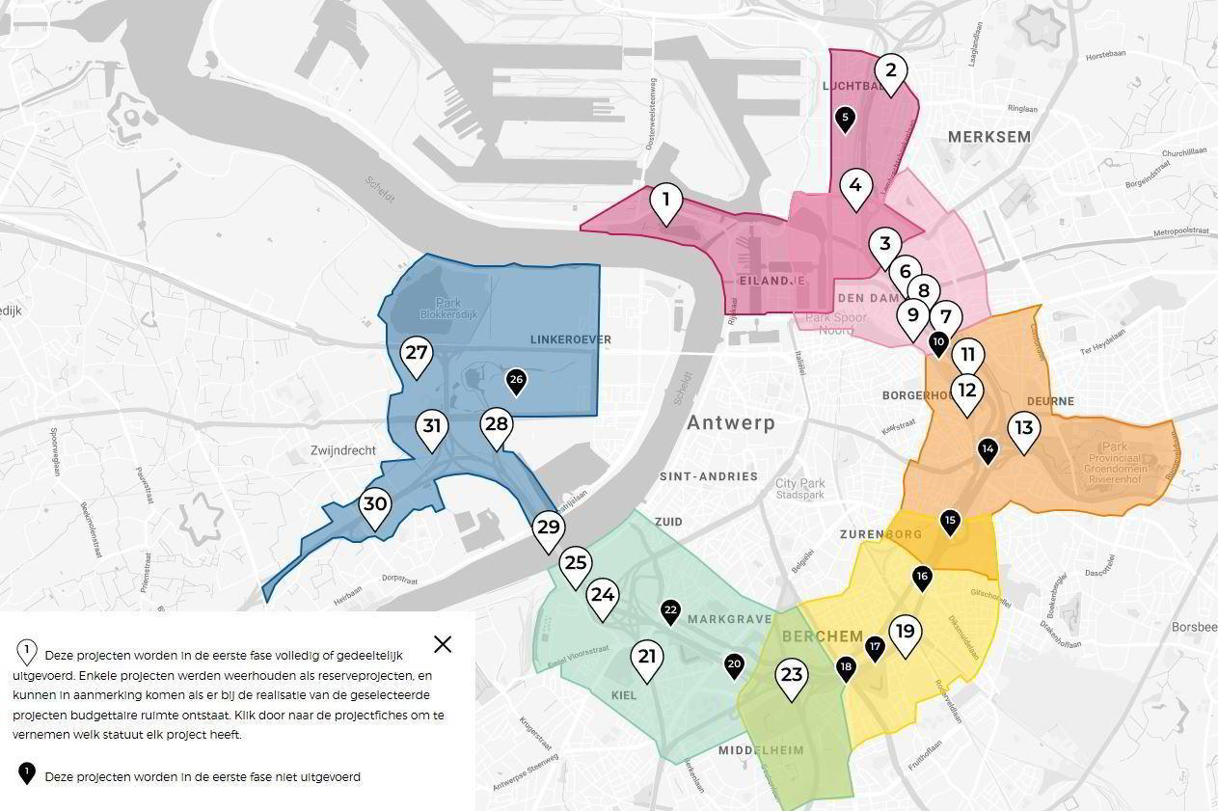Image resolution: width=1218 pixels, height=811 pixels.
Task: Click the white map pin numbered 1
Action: click(x=665, y=202)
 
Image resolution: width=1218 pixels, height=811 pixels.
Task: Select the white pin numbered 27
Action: click(x=417, y=354)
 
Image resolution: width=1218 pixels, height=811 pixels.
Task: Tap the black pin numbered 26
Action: click(x=516, y=380)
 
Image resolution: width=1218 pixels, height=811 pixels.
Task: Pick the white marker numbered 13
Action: click(x=1023, y=429)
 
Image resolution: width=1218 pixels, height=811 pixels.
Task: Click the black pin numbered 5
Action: click(x=845, y=119)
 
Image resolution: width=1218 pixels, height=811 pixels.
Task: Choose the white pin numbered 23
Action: click(x=792, y=675)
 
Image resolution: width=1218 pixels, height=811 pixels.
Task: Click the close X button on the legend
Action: click(x=443, y=644)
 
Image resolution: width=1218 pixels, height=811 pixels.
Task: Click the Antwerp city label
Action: click(x=730, y=423)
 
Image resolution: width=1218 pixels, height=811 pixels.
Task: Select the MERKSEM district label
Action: click(x=988, y=137)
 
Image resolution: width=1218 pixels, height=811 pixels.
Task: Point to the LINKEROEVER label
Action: click(x=570, y=339)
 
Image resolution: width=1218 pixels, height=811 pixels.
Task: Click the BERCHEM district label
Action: click(x=822, y=636)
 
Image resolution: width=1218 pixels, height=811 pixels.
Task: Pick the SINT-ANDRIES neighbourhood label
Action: click(x=708, y=476)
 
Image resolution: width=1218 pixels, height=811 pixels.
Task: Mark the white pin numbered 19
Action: click(x=905, y=633)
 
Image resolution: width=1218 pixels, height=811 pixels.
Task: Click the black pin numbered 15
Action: click(x=950, y=521)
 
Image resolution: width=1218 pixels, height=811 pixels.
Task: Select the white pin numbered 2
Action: click(x=890, y=71)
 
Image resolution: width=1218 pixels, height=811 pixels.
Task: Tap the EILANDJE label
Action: click(x=771, y=280)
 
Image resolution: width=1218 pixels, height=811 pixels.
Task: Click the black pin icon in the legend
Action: click(x=27, y=773)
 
